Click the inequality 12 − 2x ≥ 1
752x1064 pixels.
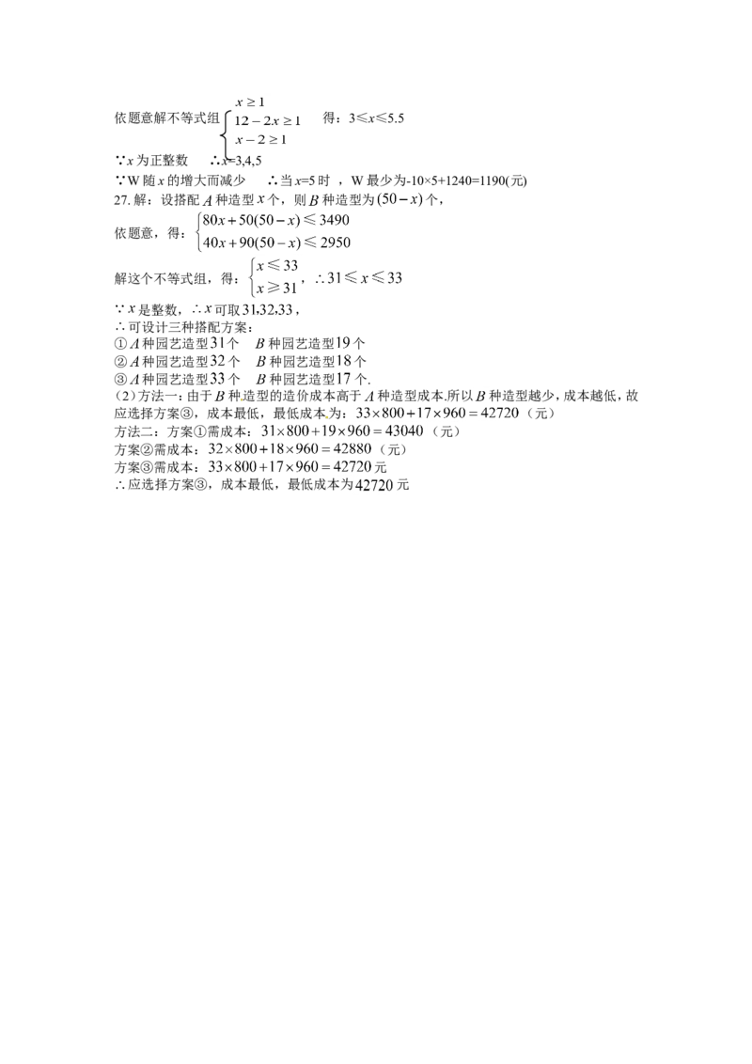coord(267,121)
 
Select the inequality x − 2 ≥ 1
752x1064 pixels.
coord(260,140)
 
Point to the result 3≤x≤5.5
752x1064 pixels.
coord(377,118)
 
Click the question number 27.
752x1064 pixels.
coord(121,199)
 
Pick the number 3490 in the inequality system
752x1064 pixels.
coord(334,220)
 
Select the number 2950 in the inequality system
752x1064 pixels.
coord(335,243)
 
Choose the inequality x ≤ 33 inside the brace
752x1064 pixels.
coord(277,265)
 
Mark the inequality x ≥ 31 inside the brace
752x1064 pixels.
coord(277,288)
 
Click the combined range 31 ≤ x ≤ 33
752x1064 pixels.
coord(365,277)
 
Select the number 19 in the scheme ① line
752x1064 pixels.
coord(344,343)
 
